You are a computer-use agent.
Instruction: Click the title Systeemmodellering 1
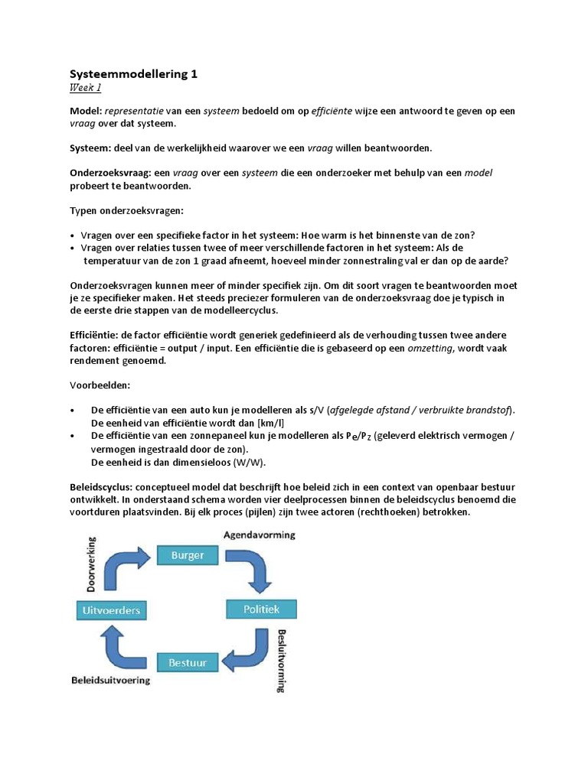tap(133, 74)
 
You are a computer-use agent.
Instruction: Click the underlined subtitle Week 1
tap(85, 88)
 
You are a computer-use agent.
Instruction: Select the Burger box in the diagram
tap(188, 555)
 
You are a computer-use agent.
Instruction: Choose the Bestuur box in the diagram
tap(188, 661)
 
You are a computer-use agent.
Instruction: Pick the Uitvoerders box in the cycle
tap(113, 610)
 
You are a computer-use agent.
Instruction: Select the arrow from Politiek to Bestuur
tap(249, 650)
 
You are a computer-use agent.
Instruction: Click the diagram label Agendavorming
tap(260, 535)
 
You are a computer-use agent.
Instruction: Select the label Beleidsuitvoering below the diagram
tap(111, 679)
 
